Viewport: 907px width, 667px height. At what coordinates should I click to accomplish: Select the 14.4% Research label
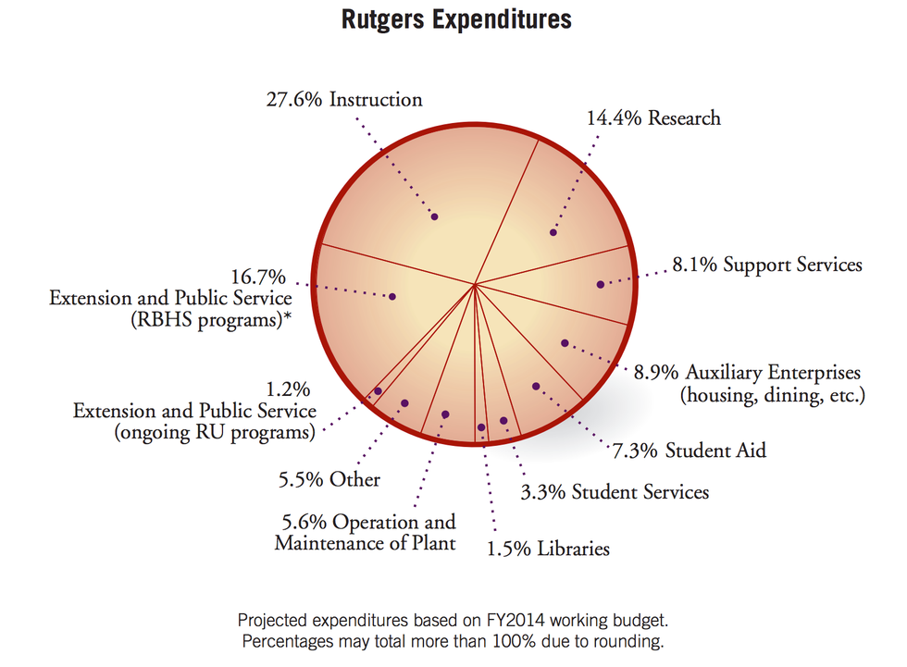tap(653, 118)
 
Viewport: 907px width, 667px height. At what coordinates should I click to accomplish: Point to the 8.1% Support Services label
tap(766, 266)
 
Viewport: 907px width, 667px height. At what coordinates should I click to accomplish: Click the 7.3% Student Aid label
tap(690, 451)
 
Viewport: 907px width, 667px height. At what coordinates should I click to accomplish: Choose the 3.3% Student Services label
tap(615, 491)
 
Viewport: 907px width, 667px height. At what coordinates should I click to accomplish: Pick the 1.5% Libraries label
tap(548, 549)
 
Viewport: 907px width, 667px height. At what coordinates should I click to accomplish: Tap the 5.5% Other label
tap(329, 480)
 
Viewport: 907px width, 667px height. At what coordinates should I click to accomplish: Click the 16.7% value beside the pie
tap(258, 276)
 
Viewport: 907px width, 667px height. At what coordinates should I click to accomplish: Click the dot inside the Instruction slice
tap(434, 216)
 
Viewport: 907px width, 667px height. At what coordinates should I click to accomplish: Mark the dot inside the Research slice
tap(553, 232)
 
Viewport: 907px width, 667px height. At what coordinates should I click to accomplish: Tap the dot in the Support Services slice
tap(601, 284)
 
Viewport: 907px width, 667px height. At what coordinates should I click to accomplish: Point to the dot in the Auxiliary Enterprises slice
tap(565, 343)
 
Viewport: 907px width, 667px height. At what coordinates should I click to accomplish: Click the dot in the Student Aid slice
tap(535, 386)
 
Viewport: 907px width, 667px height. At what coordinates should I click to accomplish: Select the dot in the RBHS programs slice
tap(392, 297)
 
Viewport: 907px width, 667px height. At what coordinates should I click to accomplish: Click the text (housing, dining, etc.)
tap(772, 396)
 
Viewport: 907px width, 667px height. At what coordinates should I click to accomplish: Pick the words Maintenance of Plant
tap(365, 543)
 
